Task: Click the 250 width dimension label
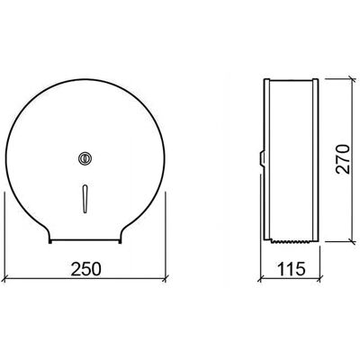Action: (x=85, y=268)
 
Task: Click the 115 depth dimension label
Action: (x=290, y=268)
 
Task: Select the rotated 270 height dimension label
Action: (x=343, y=159)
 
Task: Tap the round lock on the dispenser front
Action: (x=85, y=158)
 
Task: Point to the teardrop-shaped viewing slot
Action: (x=85, y=199)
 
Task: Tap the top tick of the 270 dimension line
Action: (x=354, y=78)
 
